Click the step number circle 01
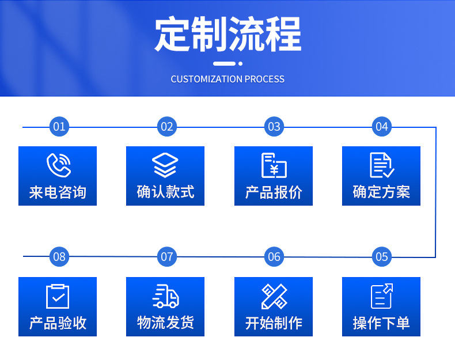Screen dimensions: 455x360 (x=59, y=127)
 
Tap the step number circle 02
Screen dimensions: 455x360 (x=166, y=127)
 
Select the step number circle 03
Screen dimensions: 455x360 (x=274, y=127)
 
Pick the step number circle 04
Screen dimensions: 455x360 (x=382, y=127)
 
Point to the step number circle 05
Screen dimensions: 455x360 (x=382, y=257)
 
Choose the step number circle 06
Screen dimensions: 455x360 (x=274, y=257)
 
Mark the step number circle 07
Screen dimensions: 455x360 (x=166, y=257)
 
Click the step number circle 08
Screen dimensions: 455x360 (x=59, y=257)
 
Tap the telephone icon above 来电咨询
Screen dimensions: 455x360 (x=58, y=165)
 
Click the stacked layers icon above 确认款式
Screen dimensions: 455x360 (x=165, y=165)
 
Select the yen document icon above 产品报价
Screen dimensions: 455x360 (x=274, y=165)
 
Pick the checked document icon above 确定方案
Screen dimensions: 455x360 (x=381, y=165)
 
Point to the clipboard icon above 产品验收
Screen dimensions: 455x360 (x=58, y=296)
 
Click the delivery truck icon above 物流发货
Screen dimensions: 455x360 (x=165, y=296)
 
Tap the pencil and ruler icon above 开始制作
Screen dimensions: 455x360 (x=274, y=296)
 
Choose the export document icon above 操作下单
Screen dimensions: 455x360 (x=381, y=296)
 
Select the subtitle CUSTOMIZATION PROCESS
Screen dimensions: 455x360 (x=227, y=79)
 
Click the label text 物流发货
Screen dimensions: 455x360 (x=165, y=323)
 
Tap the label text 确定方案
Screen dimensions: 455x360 (x=381, y=192)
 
